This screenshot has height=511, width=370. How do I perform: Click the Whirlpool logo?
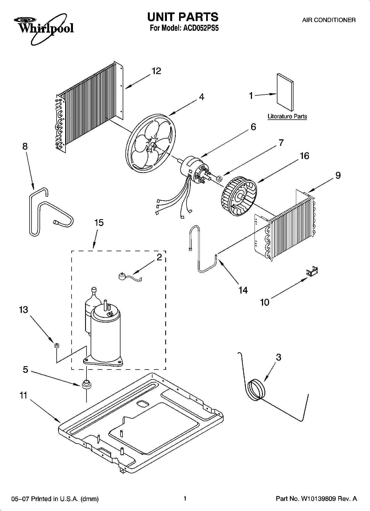click(x=44, y=28)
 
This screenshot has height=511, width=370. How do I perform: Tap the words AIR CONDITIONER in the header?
click(x=329, y=20)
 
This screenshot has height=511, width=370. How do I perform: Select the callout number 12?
click(x=156, y=71)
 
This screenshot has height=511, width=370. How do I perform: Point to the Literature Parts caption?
click(x=287, y=116)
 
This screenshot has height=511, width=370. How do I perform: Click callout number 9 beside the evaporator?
click(x=338, y=175)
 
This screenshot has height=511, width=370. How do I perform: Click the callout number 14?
click(x=243, y=290)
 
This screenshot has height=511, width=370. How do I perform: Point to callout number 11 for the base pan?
click(x=23, y=395)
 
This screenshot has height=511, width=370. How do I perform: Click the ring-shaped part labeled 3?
click(x=256, y=389)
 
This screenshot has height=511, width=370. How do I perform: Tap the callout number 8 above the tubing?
click(x=25, y=146)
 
